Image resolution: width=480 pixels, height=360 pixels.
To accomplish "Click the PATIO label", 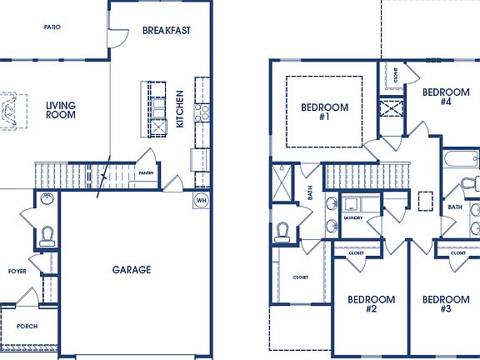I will (x=52, y=27).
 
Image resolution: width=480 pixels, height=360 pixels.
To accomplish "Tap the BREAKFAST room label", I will (x=167, y=31).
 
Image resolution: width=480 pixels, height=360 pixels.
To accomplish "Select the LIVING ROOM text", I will (x=61, y=110).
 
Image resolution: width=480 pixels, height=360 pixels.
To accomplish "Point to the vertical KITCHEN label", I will (x=179, y=108).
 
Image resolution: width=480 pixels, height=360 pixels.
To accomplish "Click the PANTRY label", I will (x=147, y=173).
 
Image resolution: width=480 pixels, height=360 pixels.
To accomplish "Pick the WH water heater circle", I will (x=201, y=200).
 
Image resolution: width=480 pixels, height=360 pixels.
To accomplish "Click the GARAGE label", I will (x=132, y=270).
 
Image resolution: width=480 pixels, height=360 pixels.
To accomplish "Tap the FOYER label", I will (x=17, y=272).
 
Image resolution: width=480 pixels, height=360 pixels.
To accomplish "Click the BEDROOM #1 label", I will (x=324, y=112).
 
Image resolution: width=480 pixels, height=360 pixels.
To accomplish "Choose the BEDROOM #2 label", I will (x=372, y=304).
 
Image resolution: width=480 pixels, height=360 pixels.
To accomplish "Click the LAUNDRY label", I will (x=353, y=218).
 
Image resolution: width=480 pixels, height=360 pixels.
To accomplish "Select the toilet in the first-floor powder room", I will (x=47, y=234).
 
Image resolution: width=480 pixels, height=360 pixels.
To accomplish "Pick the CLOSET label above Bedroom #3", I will (x=458, y=252).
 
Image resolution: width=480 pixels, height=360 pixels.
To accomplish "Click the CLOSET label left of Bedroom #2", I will (x=301, y=277).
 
